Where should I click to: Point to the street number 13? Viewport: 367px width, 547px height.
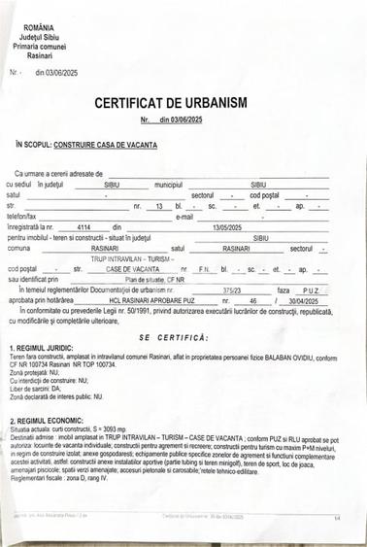point(160,206)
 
